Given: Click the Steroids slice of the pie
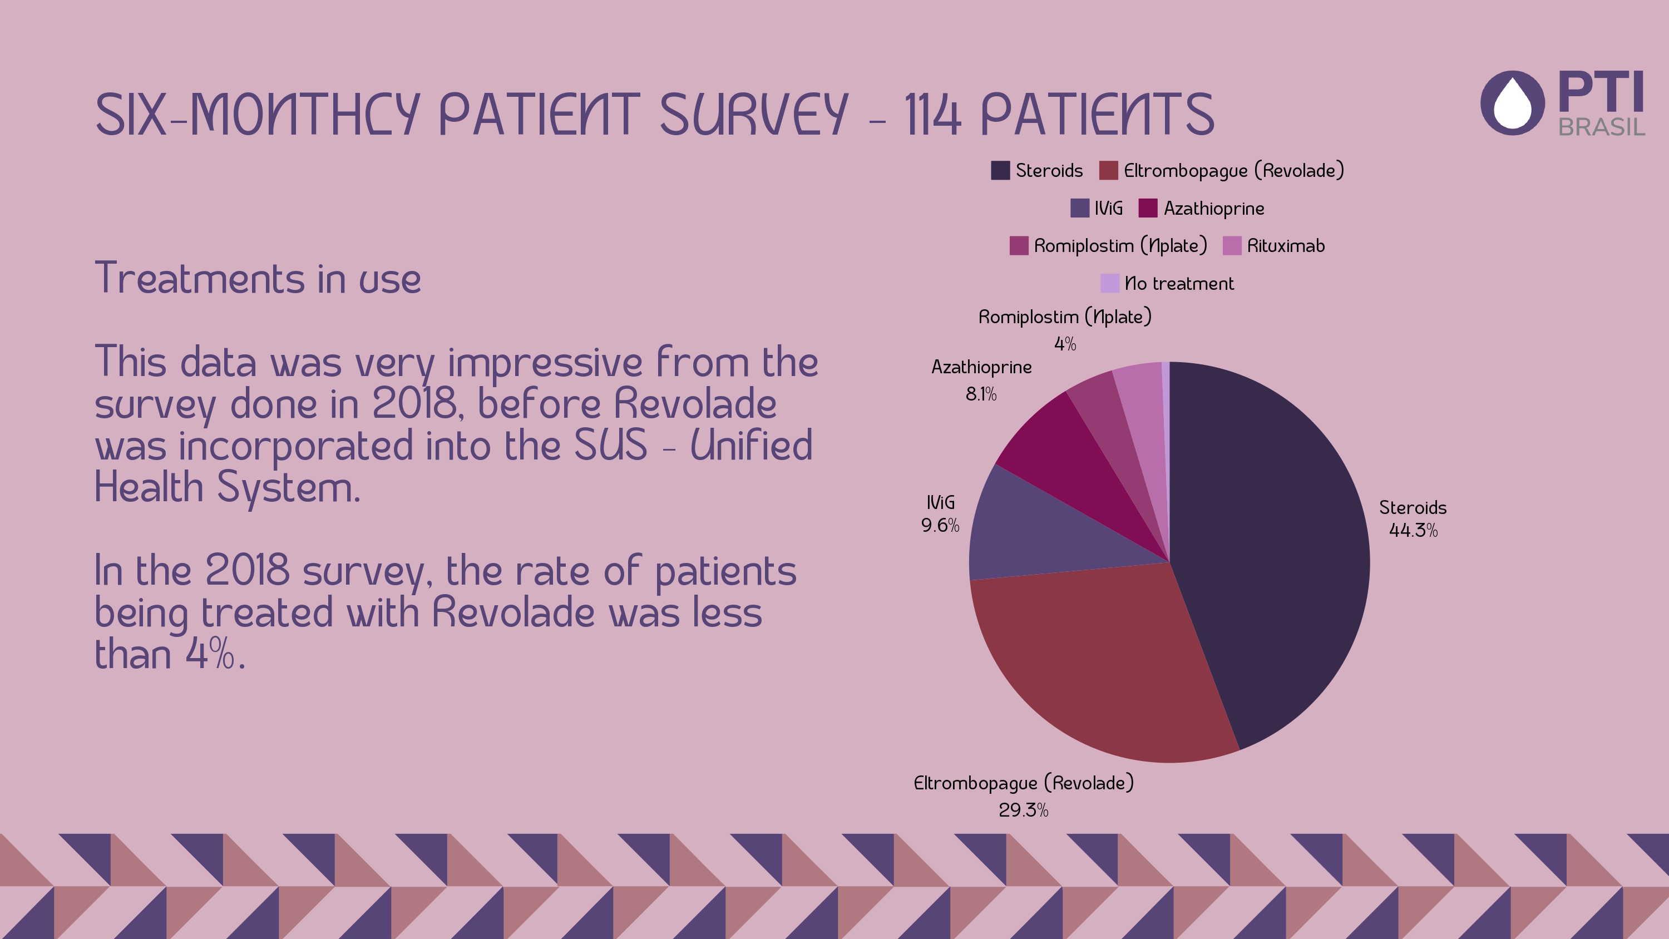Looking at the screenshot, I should [x=1270, y=551].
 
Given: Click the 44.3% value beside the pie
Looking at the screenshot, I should [x=1413, y=531].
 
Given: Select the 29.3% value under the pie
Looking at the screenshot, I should [x=1023, y=810].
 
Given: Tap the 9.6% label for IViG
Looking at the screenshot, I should [x=940, y=526].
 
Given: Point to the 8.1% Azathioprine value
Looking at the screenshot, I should [x=981, y=394].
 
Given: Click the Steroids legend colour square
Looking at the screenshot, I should [x=1000, y=170].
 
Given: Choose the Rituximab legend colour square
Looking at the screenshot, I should [x=1232, y=246].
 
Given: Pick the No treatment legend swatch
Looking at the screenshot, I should [x=1110, y=284].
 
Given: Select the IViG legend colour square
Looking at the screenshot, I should [x=1079, y=209].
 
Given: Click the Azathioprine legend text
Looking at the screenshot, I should [x=1213, y=209].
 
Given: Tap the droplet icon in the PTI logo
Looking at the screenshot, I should [x=1512, y=103].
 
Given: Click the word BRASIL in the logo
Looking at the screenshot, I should [x=1601, y=127].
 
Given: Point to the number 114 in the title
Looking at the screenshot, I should [x=932, y=115].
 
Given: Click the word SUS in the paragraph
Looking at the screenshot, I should [x=610, y=445].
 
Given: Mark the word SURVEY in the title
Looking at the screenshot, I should [x=753, y=115].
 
